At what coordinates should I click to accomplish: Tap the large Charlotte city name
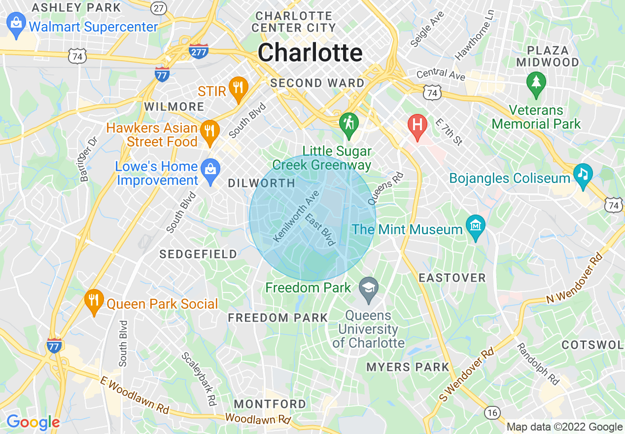tap(310, 53)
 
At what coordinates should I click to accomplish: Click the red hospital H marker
tap(417, 126)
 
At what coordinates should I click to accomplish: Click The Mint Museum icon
tap(476, 227)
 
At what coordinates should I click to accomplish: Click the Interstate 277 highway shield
tap(198, 51)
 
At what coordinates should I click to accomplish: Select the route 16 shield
tap(491, 412)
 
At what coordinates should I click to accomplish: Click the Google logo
tap(33, 422)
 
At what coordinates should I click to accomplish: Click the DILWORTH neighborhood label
tap(261, 183)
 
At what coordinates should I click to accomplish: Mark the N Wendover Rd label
tap(574, 278)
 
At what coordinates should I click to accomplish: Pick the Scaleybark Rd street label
tap(199, 379)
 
